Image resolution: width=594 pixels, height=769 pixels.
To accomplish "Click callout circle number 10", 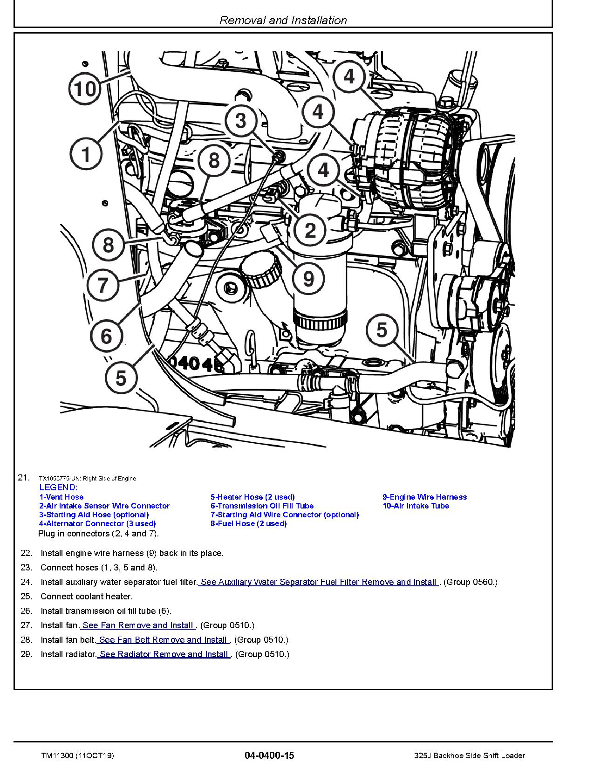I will pos(85,88).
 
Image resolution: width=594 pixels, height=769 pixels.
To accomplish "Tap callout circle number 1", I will pos(86,154).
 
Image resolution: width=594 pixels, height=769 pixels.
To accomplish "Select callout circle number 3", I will pos(240,121).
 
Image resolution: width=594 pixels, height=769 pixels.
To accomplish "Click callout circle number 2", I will pos(310,230).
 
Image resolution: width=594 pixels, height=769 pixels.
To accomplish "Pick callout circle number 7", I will pos(103,284).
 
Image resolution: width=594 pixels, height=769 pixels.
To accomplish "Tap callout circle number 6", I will pos(106,336).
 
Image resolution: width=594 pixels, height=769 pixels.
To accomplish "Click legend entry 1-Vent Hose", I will pos(61,497).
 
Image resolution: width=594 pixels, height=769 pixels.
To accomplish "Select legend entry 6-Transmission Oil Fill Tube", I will pos(262,506).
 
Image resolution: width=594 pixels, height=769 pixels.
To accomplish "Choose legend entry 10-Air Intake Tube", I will pos(416,506).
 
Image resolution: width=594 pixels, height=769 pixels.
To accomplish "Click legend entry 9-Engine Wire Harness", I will pos(424,497).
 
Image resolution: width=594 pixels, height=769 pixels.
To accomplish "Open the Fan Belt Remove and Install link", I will pos(163,639).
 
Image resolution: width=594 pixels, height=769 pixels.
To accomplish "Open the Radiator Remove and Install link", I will pos(164,654).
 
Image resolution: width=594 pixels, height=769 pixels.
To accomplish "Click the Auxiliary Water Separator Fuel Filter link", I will pos(319,582).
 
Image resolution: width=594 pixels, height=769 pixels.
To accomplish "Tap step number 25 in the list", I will pos(27,596).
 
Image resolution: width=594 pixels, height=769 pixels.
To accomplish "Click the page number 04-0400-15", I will pos(269,755).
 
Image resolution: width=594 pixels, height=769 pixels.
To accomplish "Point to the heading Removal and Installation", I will pos(283,20).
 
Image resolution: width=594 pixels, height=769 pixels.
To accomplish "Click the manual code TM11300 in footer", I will pos(54,755).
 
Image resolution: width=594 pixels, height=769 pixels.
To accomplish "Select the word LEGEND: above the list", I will pos(58,487).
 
